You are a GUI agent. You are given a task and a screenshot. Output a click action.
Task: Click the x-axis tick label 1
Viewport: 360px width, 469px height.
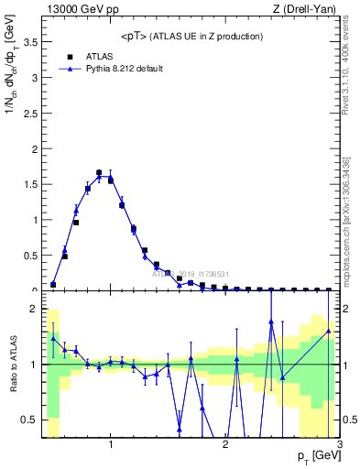coord(111,444)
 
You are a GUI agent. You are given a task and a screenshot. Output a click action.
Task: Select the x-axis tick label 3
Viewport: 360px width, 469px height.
coord(339,444)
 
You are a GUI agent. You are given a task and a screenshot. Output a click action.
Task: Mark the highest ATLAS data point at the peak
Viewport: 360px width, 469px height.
coord(99,172)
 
